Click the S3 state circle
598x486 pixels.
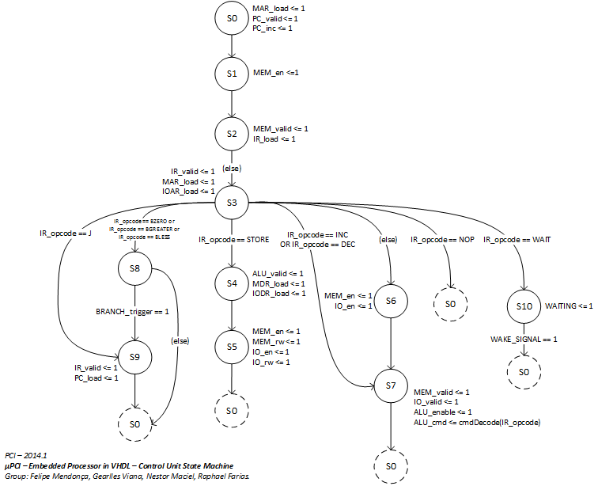pos(231,203)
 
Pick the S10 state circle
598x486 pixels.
pos(524,306)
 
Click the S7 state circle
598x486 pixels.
pos(390,385)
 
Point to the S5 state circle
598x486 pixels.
pos(231,347)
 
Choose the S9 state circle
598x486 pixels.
pos(134,357)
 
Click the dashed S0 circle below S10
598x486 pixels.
pos(524,371)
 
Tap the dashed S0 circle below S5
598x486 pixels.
pos(231,411)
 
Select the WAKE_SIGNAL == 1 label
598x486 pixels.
pos(524,339)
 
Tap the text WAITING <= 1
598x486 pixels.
pos(569,306)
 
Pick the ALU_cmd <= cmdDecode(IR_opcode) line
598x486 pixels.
pos(477,423)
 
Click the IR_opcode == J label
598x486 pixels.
pos(66,233)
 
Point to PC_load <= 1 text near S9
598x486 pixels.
pos(97,378)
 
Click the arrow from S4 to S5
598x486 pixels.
pos(231,313)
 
